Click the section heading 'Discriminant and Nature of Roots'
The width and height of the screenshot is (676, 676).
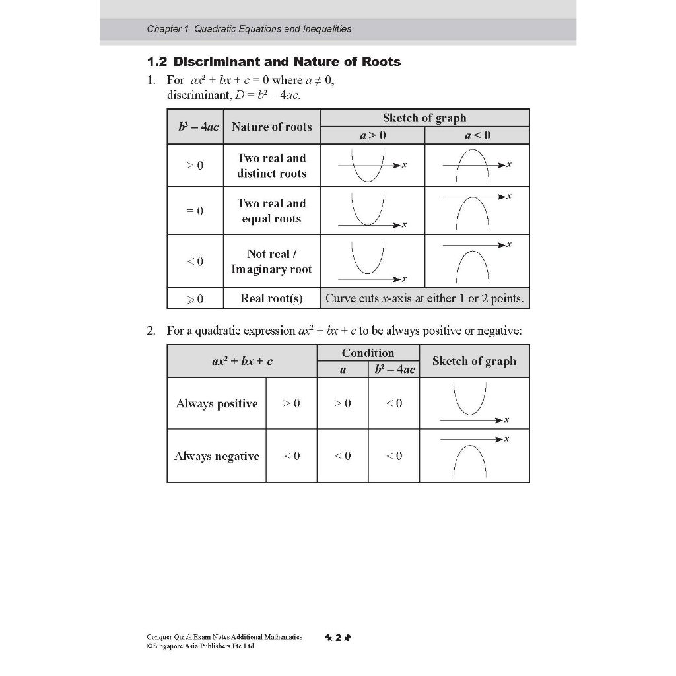(x=274, y=62)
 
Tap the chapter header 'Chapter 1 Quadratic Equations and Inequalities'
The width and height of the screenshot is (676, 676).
(x=249, y=29)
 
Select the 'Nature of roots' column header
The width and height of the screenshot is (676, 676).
(x=271, y=127)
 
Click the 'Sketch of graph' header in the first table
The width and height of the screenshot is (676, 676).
(x=424, y=118)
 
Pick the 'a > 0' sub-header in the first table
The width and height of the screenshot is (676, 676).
(x=372, y=135)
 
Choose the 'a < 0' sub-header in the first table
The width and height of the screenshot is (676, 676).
(x=477, y=135)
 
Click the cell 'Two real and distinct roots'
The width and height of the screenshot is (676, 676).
(x=271, y=166)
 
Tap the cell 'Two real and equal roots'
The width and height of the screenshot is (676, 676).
(x=271, y=211)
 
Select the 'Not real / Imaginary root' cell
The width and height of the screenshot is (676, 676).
(x=271, y=261)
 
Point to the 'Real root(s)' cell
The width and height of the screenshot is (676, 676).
(x=271, y=298)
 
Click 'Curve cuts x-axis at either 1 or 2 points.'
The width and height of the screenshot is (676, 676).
(x=424, y=298)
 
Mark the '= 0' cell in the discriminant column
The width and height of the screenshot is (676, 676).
(x=195, y=211)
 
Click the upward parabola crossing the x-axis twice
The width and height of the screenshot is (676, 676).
(x=364, y=166)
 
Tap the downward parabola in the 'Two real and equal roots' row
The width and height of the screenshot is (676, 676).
(x=472, y=213)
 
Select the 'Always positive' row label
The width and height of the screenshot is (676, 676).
(x=217, y=403)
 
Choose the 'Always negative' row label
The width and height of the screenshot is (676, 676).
(x=217, y=456)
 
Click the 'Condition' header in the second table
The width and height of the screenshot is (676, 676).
(x=368, y=353)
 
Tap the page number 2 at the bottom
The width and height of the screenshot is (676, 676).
(x=337, y=638)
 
